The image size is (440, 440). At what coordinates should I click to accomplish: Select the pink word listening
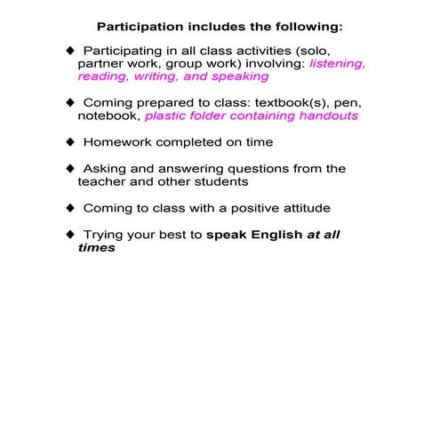(337, 64)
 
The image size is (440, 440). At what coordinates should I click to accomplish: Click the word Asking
(106, 168)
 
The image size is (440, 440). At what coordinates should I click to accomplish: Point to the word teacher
(104, 181)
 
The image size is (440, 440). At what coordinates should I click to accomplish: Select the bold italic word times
(96, 248)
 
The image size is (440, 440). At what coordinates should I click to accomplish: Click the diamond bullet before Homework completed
(71, 142)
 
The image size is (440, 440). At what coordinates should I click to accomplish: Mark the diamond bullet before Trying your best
(71, 235)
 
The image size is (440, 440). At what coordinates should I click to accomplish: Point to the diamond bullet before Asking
(71, 168)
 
